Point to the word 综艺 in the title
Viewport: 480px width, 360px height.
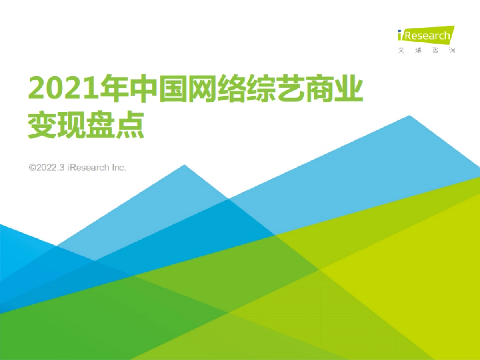point(280,88)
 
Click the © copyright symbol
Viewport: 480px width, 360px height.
point(32,168)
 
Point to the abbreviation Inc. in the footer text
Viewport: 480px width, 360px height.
point(119,168)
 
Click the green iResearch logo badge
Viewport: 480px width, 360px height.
point(426,35)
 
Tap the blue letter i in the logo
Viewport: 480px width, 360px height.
point(400,35)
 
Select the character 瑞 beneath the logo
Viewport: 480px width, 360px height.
point(418,50)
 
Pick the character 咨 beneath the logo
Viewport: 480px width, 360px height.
point(436,50)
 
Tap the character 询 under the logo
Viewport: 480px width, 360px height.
point(452,50)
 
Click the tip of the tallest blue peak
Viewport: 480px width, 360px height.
point(409,116)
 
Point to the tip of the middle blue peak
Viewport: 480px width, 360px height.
point(184,165)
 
